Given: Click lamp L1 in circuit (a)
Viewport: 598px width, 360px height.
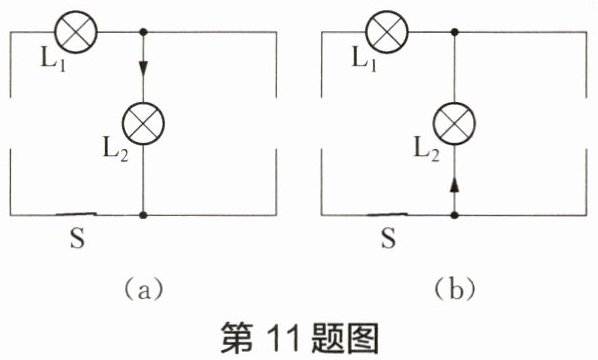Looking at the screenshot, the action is tap(76, 32).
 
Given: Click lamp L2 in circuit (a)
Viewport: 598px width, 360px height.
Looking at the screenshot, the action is tap(143, 123).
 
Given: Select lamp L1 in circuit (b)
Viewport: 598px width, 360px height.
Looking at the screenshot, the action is tap(387, 32).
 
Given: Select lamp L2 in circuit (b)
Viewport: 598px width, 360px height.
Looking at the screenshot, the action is tap(454, 123).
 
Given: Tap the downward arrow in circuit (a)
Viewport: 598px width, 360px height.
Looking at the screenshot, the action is tap(143, 68).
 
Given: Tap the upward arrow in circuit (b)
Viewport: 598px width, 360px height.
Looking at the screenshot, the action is tap(454, 185).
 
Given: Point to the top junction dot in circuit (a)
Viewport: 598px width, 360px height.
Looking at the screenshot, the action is tap(143, 32).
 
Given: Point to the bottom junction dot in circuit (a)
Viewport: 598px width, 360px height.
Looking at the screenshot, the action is tap(143, 215).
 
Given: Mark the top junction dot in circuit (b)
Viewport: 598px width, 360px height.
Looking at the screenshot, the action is tap(454, 32).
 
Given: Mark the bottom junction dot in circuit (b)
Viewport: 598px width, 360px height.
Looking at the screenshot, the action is tap(454, 215).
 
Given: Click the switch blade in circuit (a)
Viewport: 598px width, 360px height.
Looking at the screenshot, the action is tap(76, 214).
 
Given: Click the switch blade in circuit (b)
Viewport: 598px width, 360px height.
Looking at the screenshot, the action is tap(387, 214).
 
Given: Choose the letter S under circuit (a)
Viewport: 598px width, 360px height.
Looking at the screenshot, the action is tap(77, 238).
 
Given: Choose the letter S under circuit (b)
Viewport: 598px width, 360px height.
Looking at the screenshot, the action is tap(389, 238).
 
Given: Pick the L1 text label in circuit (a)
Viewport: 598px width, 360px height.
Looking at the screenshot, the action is tap(53, 60).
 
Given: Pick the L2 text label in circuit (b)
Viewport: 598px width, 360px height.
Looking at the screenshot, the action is tap(427, 149).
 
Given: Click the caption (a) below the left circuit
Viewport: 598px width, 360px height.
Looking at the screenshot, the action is tap(144, 291).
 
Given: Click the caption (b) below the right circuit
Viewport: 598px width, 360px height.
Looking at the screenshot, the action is tap(455, 290).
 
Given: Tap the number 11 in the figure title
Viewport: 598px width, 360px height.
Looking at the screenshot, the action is tap(281, 338).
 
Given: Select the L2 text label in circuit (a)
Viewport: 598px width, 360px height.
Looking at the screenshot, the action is tap(116, 149).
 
